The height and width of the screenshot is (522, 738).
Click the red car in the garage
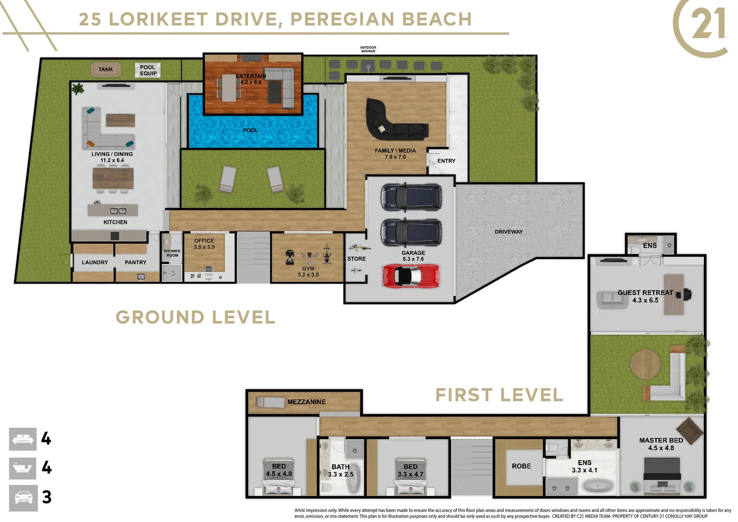411,275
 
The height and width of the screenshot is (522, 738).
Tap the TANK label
105,69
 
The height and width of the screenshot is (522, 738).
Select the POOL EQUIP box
148,70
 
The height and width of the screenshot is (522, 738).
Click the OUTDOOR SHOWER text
368,49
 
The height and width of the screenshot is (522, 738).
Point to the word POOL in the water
250,130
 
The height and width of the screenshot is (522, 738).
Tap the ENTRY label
446,161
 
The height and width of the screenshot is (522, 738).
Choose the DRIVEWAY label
509,232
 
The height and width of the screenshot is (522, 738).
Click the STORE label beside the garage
356,259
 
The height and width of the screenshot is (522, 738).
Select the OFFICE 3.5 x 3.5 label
204,244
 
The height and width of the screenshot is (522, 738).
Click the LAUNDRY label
95,262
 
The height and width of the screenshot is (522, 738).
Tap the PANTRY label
135,262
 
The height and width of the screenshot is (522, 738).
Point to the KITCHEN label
115,222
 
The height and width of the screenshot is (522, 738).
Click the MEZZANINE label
306,402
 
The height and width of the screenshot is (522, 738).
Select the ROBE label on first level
521,466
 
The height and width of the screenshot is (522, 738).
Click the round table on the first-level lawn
645,364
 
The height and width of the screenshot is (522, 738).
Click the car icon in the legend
23,498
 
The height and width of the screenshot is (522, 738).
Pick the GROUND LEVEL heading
196,317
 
